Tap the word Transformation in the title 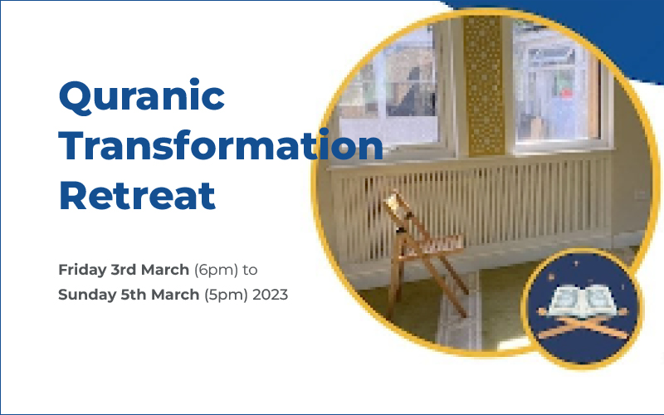point(220,148)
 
